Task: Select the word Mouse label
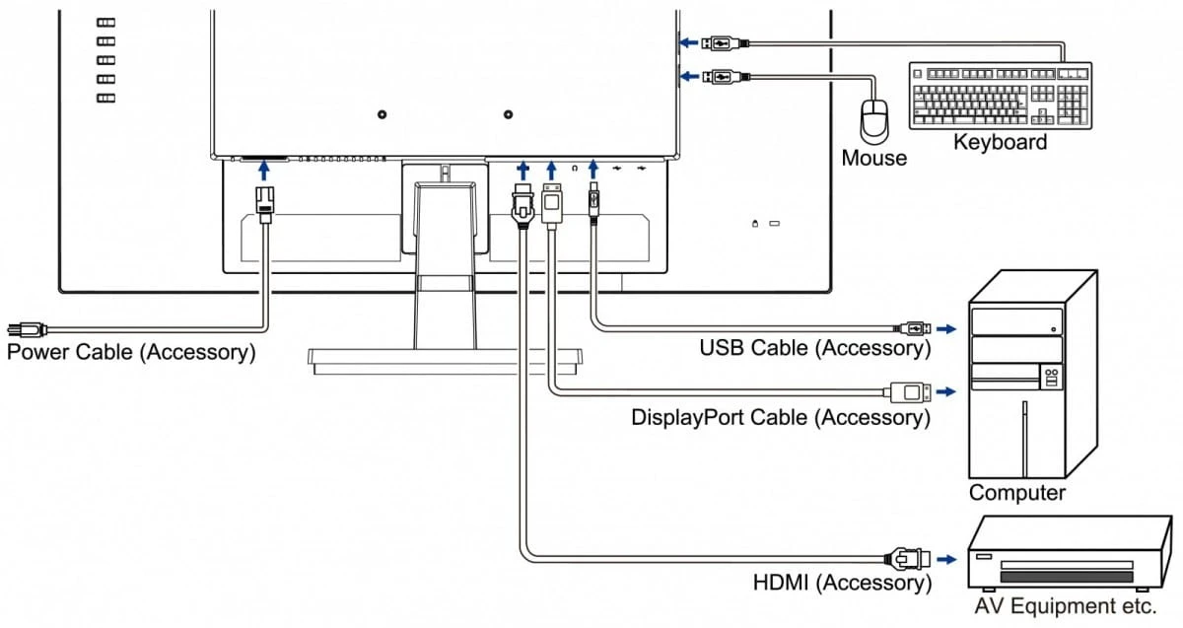(873, 158)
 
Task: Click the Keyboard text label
(1000, 143)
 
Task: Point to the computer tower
(1031, 375)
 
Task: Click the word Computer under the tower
(1016, 493)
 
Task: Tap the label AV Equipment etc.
(1064, 604)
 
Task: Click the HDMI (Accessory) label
(842, 582)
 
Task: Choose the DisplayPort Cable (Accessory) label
(781, 417)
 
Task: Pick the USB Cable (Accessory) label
(814, 347)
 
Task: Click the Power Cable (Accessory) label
(131, 351)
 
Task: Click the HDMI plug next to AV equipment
(908, 559)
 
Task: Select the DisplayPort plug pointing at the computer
(909, 391)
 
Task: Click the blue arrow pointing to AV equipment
(946, 559)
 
